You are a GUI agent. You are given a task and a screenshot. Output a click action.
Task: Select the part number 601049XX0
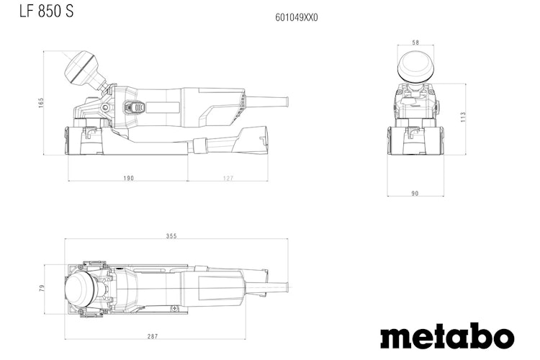click(296, 17)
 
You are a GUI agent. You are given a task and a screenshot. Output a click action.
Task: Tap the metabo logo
click(446, 336)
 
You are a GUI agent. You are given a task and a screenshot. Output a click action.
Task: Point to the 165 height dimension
click(42, 104)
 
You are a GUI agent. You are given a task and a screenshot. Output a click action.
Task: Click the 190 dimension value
click(127, 177)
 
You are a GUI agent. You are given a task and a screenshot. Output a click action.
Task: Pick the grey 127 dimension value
click(228, 177)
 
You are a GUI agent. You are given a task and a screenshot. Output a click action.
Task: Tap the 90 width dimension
click(415, 193)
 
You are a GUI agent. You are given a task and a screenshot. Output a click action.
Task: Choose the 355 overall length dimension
click(171, 236)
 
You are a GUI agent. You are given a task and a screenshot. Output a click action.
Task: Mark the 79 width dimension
click(42, 289)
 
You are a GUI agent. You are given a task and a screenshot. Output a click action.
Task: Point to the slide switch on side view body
click(134, 107)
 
